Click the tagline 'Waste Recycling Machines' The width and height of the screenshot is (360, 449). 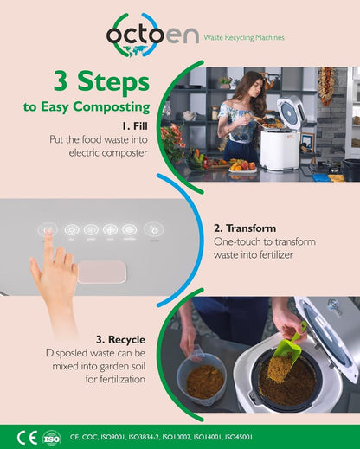coord(243,38)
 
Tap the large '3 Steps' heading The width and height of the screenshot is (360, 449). coord(100,82)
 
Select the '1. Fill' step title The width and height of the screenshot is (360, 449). coord(133,124)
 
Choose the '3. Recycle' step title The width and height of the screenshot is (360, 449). coord(122,340)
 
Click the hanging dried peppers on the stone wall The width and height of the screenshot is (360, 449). coord(325,85)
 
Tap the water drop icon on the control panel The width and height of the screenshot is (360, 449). coord(153,231)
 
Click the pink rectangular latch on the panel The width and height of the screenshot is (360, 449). coord(100,272)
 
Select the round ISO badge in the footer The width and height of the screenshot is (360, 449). coord(51,437)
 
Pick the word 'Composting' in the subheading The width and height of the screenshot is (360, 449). coord(114,108)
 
